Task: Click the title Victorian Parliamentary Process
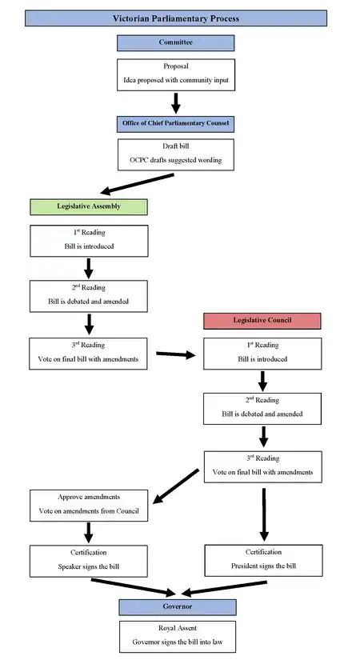click(x=176, y=18)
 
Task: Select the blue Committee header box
click(x=176, y=42)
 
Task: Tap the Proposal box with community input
click(x=176, y=74)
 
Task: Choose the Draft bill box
click(x=176, y=154)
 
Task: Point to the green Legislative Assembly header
click(x=89, y=206)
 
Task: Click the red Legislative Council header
click(x=262, y=320)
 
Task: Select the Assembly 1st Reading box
click(x=89, y=241)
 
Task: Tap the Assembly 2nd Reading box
click(x=89, y=296)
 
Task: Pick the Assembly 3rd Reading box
click(x=89, y=353)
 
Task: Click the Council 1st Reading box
click(x=262, y=353)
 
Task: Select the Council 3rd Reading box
click(x=262, y=466)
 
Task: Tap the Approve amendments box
click(x=89, y=505)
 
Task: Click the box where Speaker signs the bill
click(x=89, y=560)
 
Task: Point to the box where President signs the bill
click(x=262, y=560)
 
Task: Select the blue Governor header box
click(x=176, y=606)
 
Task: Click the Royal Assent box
click(x=176, y=635)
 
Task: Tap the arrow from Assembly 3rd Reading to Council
click(x=176, y=353)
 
